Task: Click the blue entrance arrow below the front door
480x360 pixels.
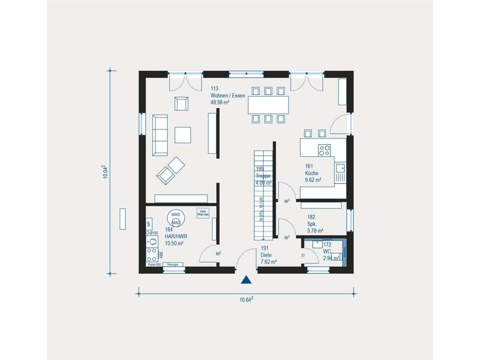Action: pyautogui.click(x=246, y=280)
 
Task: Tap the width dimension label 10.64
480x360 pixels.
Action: pyautogui.click(x=246, y=299)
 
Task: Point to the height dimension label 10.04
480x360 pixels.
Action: pyautogui.click(x=105, y=172)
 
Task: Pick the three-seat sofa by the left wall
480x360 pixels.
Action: pyautogui.click(x=160, y=134)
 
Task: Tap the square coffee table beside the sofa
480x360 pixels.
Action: pyautogui.click(x=183, y=135)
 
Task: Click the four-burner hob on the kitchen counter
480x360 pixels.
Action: pyautogui.click(x=324, y=150)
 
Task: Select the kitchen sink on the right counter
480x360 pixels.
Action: pyautogui.click(x=340, y=168)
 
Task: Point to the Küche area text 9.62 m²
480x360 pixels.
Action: pyautogui.click(x=313, y=179)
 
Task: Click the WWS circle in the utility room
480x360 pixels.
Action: pyautogui.click(x=176, y=214)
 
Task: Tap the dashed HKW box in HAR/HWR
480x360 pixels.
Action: pyautogui.click(x=203, y=213)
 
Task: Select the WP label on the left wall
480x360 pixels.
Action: pyautogui.click(x=149, y=223)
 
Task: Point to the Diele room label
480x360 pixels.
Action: pyautogui.click(x=266, y=255)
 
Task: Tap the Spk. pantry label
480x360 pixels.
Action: pyautogui.click(x=312, y=223)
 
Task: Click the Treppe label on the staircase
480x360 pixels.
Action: pyautogui.click(x=263, y=176)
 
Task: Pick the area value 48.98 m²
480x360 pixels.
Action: pyautogui.click(x=220, y=102)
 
